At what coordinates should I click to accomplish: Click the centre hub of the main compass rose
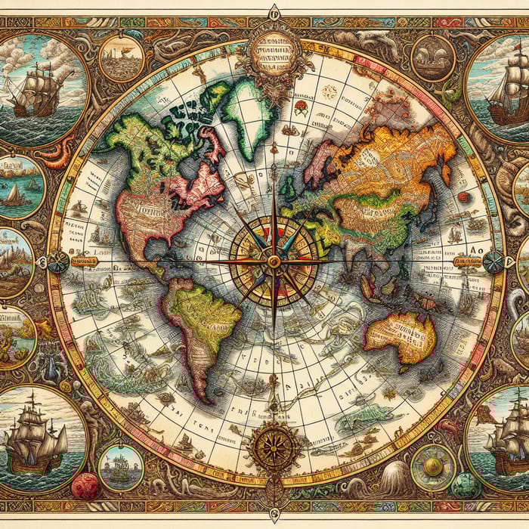click(274, 261)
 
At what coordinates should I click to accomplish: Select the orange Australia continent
click(401, 336)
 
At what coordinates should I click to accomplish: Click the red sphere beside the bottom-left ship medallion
click(85, 486)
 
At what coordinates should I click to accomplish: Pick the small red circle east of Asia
click(463, 196)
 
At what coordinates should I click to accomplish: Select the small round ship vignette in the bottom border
click(121, 467)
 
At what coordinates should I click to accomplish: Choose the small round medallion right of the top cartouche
click(433, 57)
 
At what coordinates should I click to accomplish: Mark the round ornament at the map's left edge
click(57, 262)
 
